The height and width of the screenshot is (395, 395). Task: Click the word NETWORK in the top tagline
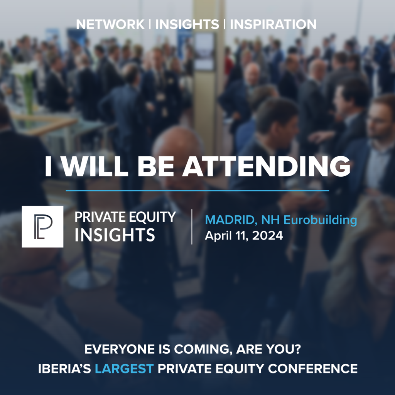(110, 24)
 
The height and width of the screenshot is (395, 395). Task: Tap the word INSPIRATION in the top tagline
(273, 24)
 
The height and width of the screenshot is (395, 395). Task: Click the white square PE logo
(42, 226)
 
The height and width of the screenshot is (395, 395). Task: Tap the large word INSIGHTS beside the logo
(115, 235)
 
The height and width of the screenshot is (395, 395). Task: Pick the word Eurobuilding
(320, 220)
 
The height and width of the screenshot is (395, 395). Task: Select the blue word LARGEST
(124, 369)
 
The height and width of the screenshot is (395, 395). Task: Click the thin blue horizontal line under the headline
(197, 191)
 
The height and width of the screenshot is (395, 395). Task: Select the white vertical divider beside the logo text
(192, 226)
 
